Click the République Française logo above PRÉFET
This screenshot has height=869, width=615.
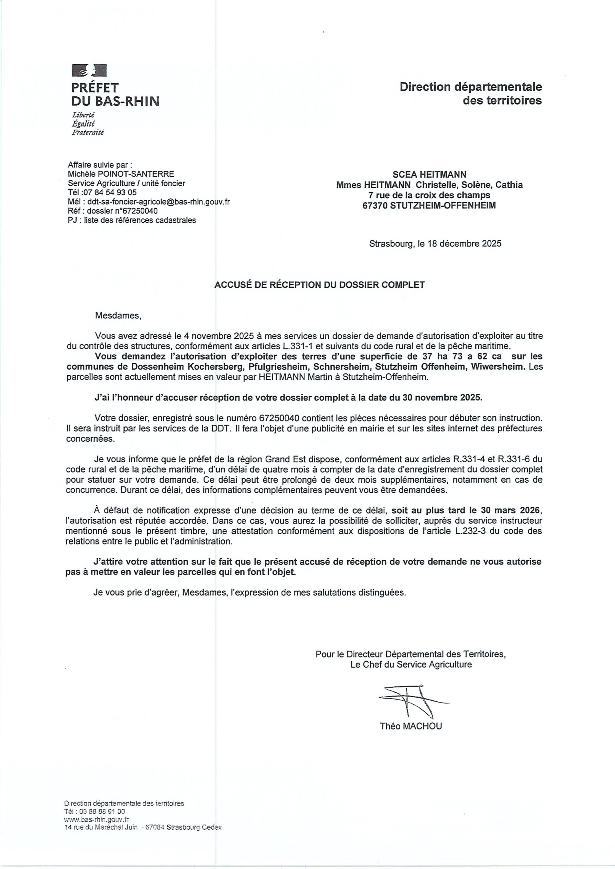(89, 70)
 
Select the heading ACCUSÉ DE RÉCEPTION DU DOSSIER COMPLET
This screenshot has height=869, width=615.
(319, 284)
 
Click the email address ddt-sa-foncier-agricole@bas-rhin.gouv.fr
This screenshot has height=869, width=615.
(159, 202)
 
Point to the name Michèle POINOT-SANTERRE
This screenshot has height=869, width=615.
(121, 174)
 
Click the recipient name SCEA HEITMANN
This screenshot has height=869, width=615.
(429, 174)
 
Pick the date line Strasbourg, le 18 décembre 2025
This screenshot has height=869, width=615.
(435, 243)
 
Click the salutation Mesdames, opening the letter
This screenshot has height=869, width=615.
(118, 316)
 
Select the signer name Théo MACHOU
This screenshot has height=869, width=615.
(411, 726)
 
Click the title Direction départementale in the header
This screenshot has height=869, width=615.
(471, 87)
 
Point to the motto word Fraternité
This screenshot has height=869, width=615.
(88, 132)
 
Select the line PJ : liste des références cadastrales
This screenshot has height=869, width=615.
(132, 220)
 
